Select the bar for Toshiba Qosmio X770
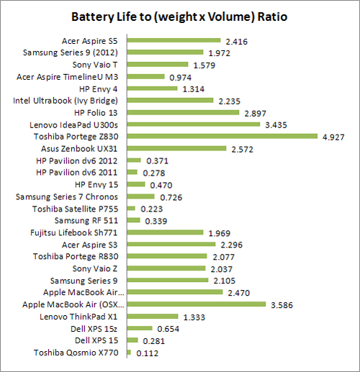click(129, 353)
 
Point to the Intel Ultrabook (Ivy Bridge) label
click(76, 100)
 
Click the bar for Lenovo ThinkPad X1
click(153, 317)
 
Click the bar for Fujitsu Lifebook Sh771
click(165, 232)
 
